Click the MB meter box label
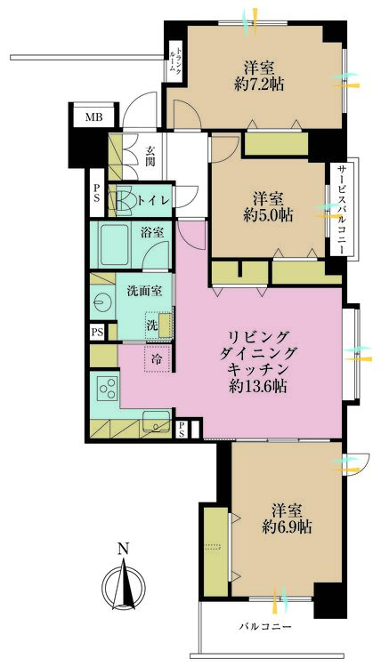pyautogui.click(x=93, y=117)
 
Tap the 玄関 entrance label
pyautogui.click(x=150, y=157)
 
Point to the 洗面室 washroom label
pyautogui.click(x=144, y=292)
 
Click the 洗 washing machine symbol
pyautogui.click(x=152, y=325)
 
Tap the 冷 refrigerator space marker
pyautogui.click(x=157, y=358)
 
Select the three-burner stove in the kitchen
pyautogui.click(x=109, y=388)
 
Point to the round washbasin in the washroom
pyautogui.click(x=101, y=302)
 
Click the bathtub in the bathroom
pyautogui.click(x=114, y=245)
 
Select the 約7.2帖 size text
pyautogui.click(x=259, y=84)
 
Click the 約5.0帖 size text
pyautogui.click(x=268, y=216)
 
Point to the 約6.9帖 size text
pyautogui.click(x=287, y=527)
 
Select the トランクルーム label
pyautogui.click(x=175, y=60)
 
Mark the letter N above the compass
pyautogui.click(x=124, y=549)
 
